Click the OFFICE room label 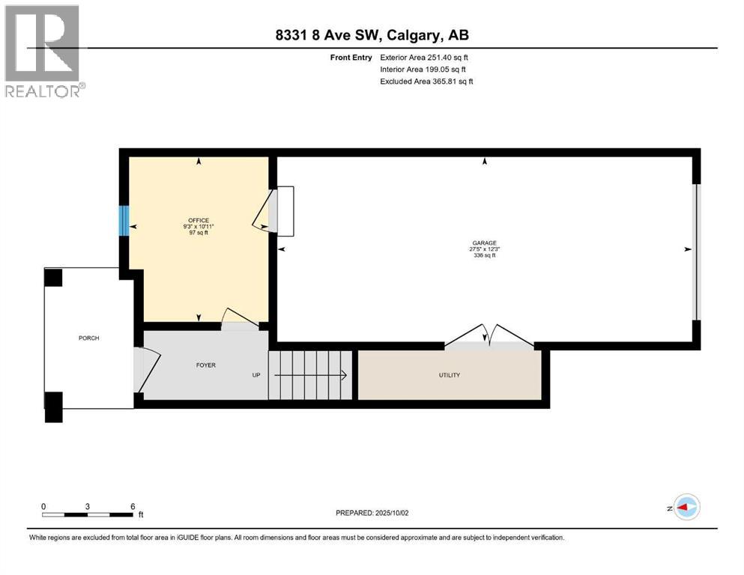coord(199,220)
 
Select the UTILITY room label coord(450,375)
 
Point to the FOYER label coord(206,365)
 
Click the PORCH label coord(89,338)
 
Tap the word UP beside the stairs coord(256,375)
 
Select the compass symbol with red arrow coord(686,507)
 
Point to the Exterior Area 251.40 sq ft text coord(425,57)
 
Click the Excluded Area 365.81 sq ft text coord(426,81)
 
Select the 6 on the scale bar coord(133,506)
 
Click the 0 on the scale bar coord(43,506)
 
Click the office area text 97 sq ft coord(199,232)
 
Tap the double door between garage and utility coord(489,337)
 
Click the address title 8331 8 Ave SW coord(372,35)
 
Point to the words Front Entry coord(351,57)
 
